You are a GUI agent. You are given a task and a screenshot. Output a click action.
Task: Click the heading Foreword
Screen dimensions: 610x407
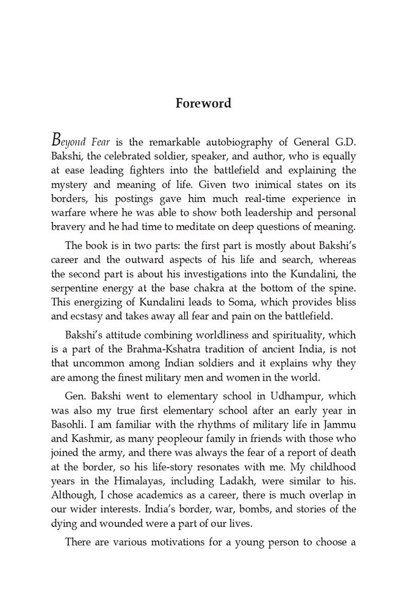[x=203, y=103]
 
